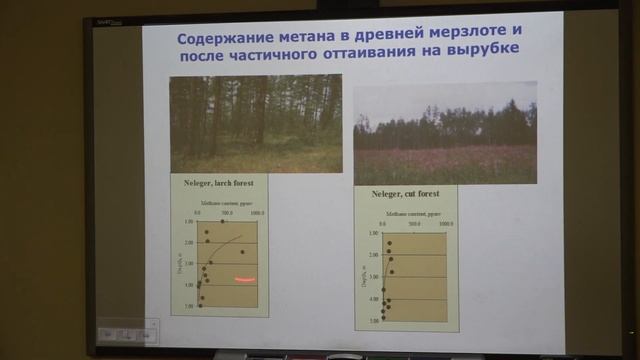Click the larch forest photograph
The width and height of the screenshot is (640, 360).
click(x=255, y=123)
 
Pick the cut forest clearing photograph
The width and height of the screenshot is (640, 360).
click(x=444, y=133)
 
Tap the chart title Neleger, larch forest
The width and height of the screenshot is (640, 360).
click(x=219, y=185)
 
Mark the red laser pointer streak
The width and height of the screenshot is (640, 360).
click(x=246, y=279)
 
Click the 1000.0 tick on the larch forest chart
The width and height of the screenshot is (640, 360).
click(x=257, y=213)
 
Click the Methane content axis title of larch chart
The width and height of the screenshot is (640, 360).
click(x=228, y=203)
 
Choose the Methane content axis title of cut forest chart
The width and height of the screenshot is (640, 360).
click(x=406, y=214)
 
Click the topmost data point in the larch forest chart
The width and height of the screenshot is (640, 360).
click(x=223, y=221)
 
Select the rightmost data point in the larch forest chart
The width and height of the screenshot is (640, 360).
click(x=242, y=251)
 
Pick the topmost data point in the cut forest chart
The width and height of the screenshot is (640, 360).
click(x=390, y=243)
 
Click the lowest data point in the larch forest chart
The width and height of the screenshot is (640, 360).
click(x=200, y=305)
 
